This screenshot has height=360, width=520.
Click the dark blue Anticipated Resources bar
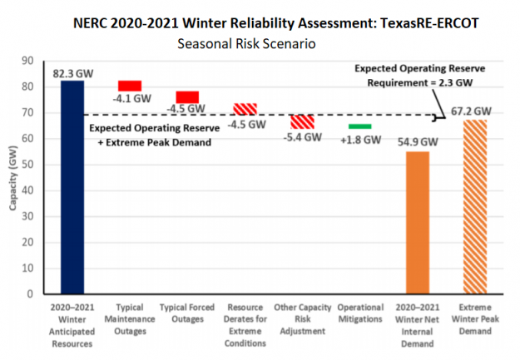(72, 187)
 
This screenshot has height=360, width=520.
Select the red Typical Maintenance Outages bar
(130, 86)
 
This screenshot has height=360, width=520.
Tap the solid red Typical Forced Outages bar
(187, 97)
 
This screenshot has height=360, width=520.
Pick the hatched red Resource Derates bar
(245, 109)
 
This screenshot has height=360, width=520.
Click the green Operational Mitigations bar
(360, 126)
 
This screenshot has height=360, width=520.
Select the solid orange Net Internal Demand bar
(418, 222)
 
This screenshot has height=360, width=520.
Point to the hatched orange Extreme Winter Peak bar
(475, 206)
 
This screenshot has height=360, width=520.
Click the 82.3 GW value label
(72, 73)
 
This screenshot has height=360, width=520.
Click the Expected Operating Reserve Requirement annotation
(421, 75)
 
